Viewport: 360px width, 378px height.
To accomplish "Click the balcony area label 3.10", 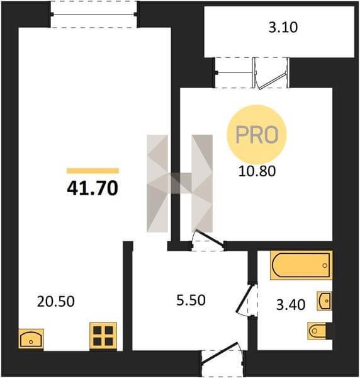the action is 283,27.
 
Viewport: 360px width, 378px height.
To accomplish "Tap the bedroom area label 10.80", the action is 257,171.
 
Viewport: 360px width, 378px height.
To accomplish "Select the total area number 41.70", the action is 93,188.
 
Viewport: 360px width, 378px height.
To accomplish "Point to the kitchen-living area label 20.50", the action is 56,302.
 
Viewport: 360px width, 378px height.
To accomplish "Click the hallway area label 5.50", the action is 191,301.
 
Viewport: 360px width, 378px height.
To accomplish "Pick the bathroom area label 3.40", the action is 291,304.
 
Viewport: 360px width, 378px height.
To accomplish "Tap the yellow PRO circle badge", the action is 257,135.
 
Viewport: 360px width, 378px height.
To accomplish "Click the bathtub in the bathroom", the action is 301,265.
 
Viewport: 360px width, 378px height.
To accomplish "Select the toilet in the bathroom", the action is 317,331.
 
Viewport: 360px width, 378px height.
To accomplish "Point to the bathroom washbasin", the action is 325,301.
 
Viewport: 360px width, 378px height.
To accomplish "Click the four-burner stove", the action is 103,336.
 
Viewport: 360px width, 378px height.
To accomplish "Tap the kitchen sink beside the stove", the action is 31,338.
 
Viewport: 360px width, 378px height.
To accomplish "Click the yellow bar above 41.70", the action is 93,171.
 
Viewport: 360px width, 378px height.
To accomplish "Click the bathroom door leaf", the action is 245,299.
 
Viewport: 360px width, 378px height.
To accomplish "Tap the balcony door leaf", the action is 272,81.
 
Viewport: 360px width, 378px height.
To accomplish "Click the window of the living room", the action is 94,14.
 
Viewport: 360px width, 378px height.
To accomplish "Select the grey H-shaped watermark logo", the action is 179,183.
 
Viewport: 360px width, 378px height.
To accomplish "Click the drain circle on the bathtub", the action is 325,265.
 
